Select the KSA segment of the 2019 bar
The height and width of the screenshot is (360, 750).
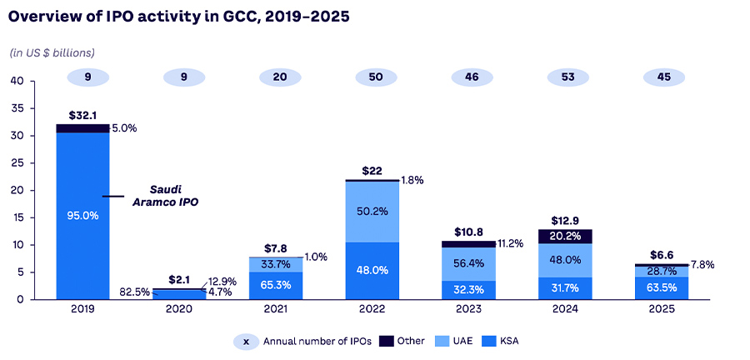click(x=82, y=215)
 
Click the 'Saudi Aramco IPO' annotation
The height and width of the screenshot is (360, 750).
click(x=166, y=196)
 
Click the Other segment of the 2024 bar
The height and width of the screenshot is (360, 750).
click(x=564, y=236)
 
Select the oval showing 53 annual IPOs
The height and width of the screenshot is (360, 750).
click(x=564, y=77)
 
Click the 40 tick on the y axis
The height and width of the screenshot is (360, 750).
click(x=17, y=81)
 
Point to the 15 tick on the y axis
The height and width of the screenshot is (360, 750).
click(x=17, y=217)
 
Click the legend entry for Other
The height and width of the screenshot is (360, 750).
click(x=402, y=341)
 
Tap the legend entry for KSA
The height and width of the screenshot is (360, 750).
click(x=507, y=341)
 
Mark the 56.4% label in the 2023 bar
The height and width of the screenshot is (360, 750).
click(x=467, y=264)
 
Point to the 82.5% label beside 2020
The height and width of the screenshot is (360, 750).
click(x=133, y=292)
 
